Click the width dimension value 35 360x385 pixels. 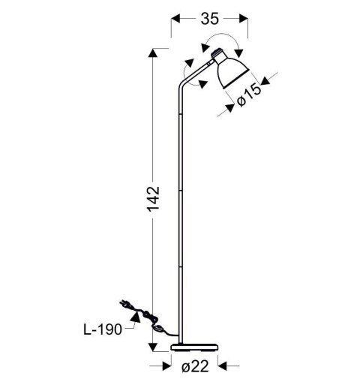[209, 19]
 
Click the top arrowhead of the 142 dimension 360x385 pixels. [154, 53]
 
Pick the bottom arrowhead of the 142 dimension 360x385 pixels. [154, 346]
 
